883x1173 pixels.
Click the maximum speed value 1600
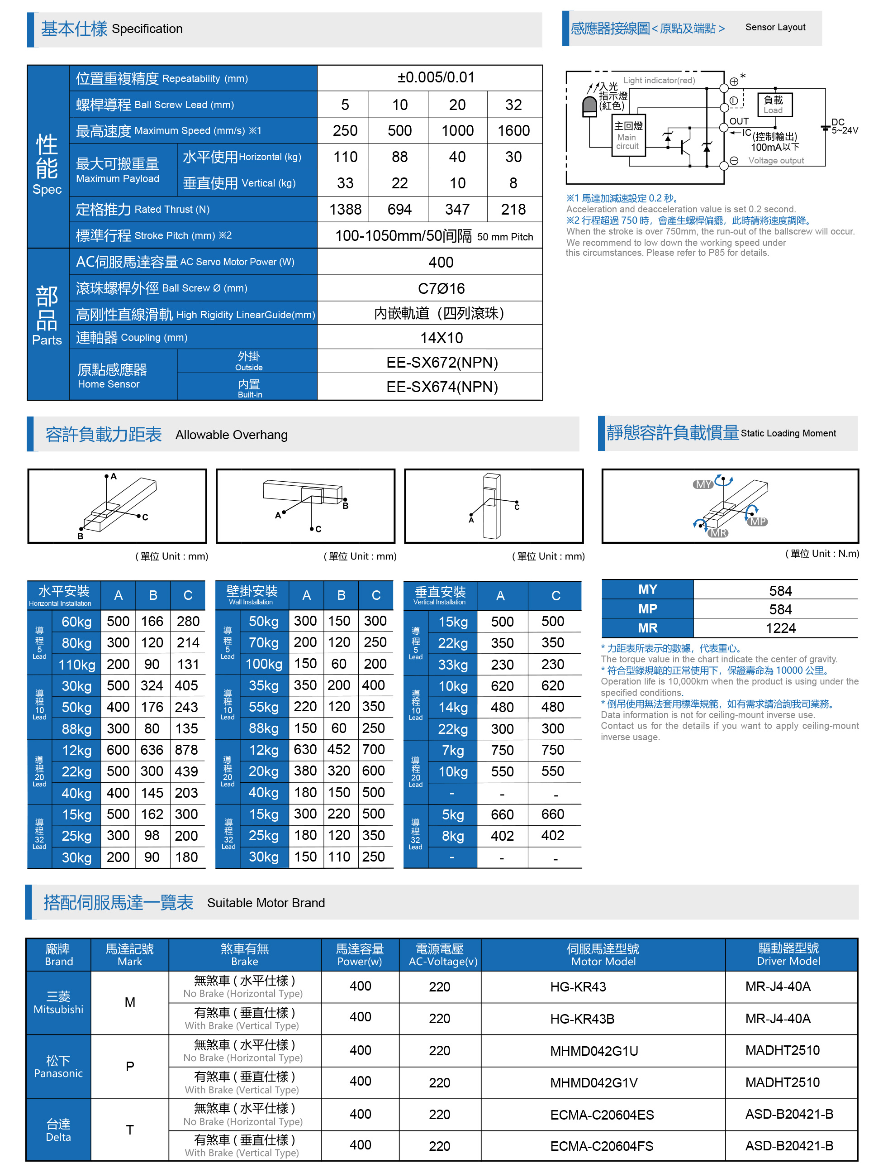(x=513, y=130)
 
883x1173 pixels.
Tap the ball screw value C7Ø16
(x=441, y=288)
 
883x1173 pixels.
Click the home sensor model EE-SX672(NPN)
(x=441, y=363)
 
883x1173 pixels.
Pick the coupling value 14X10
(x=441, y=338)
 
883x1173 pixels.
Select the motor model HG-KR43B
(x=581, y=1019)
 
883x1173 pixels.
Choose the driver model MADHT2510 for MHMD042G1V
(x=782, y=1082)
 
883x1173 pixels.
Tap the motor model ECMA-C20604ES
(x=602, y=1115)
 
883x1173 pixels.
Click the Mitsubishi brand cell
(x=58, y=1003)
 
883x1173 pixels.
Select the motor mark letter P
(x=130, y=1067)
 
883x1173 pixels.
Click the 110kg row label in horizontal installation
(x=77, y=665)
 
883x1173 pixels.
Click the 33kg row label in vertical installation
(x=453, y=665)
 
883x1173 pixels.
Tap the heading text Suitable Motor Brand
(x=266, y=903)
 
